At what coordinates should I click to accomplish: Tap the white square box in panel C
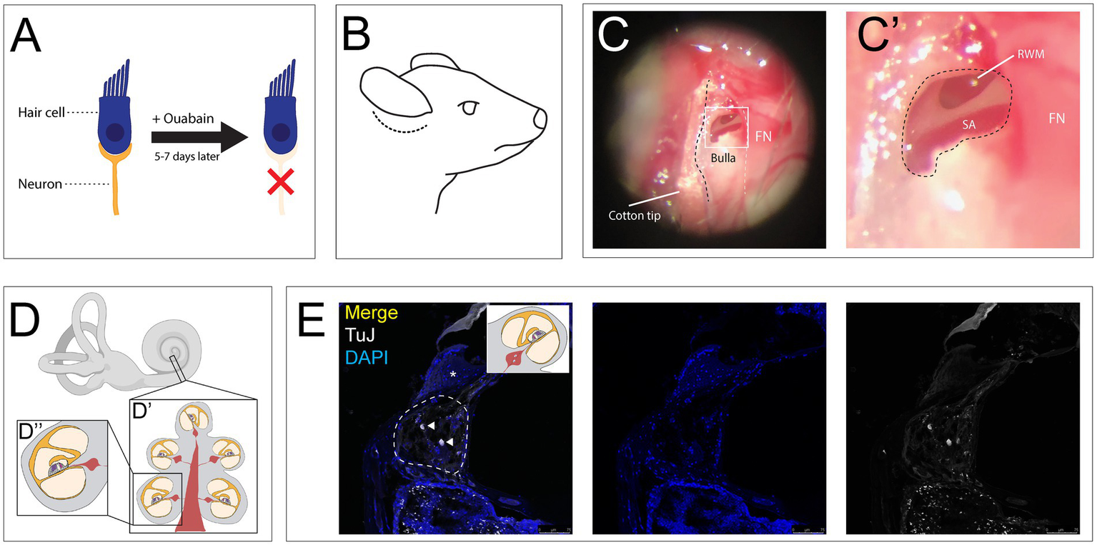tap(726, 126)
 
